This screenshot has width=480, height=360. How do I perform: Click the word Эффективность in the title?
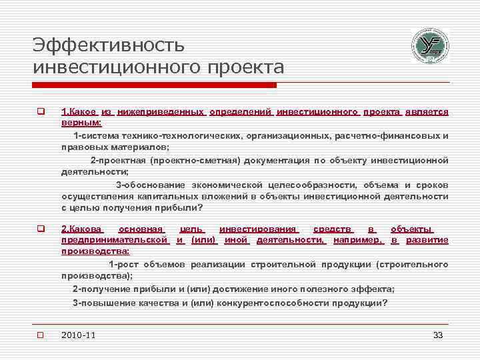[108, 45]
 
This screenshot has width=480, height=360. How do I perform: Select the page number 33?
[438, 335]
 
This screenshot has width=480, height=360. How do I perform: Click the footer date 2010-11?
[77, 335]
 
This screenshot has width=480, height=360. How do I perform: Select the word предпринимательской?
[114, 239]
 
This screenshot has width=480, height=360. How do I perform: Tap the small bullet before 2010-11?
[40, 335]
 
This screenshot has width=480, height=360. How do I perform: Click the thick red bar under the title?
[153, 85]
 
